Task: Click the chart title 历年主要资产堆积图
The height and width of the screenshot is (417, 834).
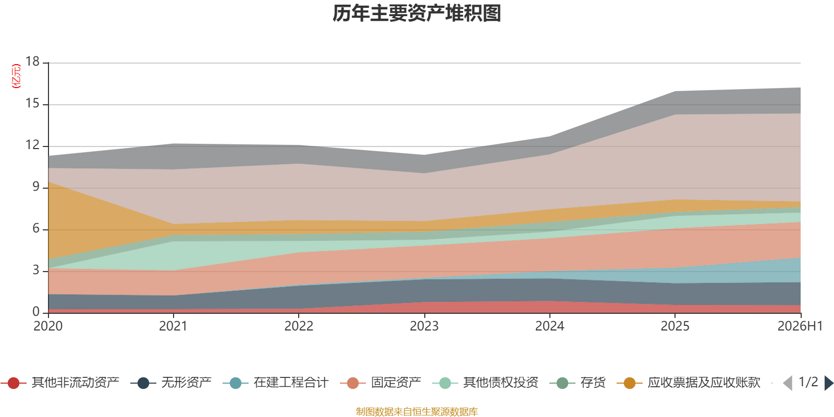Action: (x=416, y=14)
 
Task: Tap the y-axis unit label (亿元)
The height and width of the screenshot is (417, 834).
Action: (x=16, y=76)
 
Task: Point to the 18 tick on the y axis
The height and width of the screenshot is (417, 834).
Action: (x=32, y=62)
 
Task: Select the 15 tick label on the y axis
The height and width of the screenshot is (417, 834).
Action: (x=32, y=104)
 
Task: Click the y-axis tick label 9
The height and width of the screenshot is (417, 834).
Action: (x=36, y=187)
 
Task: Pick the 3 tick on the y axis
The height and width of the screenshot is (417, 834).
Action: (x=36, y=271)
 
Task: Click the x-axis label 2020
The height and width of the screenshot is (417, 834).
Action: (x=48, y=326)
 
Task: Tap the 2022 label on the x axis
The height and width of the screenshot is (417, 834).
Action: (x=299, y=326)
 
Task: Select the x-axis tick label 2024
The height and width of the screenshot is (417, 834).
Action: (x=549, y=326)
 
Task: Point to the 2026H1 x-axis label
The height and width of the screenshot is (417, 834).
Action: (x=800, y=326)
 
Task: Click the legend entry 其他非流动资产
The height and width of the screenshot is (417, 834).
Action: (x=60, y=383)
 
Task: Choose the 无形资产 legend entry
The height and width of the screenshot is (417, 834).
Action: (x=171, y=383)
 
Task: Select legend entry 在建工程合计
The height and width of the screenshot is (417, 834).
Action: (x=276, y=383)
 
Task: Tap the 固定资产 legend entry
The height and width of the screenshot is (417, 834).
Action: (x=381, y=383)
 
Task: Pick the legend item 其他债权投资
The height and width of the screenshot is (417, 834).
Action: (x=485, y=383)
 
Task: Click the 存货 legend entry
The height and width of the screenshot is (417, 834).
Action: (x=578, y=383)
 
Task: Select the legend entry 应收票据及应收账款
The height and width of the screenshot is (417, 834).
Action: (x=689, y=383)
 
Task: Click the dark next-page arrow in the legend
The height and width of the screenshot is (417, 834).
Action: (x=829, y=383)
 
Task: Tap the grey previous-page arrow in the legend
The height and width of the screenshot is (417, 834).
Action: (x=788, y=383)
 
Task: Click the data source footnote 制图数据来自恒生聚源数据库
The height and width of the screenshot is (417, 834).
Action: (x=416, y=411)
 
